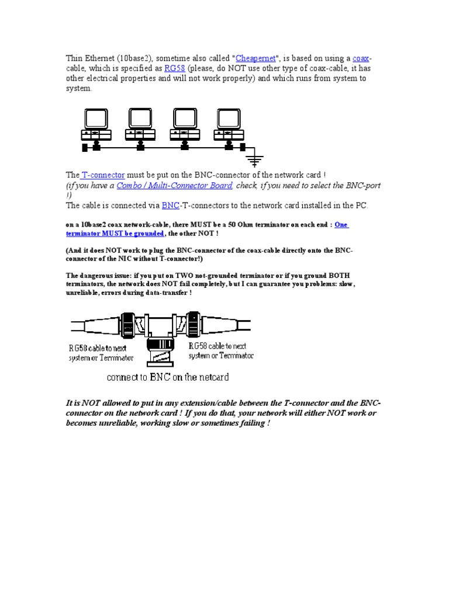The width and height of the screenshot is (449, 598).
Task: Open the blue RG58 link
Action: [174, 68]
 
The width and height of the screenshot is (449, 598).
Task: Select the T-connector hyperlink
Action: [103, 175]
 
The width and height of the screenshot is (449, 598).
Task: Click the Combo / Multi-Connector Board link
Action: [174, 185]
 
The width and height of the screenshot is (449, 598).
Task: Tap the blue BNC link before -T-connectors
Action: [170, 206]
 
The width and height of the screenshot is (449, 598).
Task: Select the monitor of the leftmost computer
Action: [96, 119]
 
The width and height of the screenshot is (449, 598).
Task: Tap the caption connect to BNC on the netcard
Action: [167, 377]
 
